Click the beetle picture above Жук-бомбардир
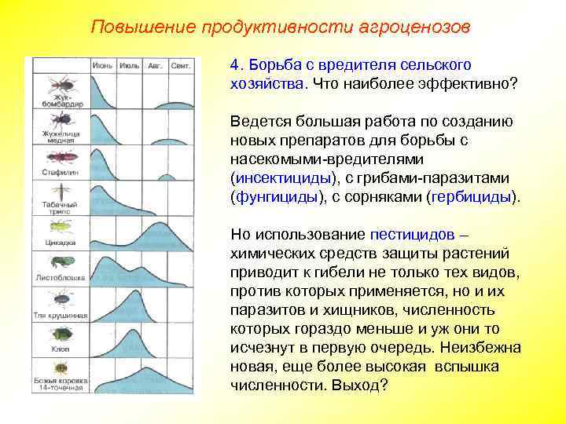[x=61, y=84]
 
